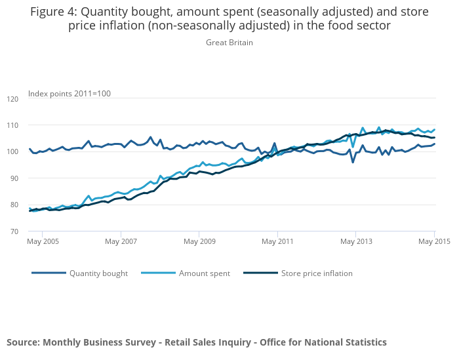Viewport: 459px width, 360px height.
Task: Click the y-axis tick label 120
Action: tap(12, 99)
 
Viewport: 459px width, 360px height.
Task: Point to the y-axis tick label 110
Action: tap(12, 125)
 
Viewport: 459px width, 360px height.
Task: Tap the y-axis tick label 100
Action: tap(12, 152)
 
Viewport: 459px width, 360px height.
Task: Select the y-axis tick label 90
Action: tap(14, 178)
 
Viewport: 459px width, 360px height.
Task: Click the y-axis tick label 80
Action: tap(14, 205)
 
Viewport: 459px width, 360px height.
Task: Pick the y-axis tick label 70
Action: tap(14, 231)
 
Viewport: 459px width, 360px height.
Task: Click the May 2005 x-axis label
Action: tap(43, 241)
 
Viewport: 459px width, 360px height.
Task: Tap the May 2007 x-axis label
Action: tap(121, 241)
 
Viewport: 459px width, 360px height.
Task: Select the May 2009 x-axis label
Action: tap(199, 241)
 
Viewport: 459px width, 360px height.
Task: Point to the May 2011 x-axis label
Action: tap(277, 241)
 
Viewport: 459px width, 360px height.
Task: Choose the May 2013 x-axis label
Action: tap(355, 241)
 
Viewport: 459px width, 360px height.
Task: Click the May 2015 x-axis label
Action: tap(434, 241)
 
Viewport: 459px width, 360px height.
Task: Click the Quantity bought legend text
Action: tap(98, 273)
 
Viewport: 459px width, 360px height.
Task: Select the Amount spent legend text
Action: tap(205, 273)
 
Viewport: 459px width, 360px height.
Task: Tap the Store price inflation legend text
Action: tap(317, 273)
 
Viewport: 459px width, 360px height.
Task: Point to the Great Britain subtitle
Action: tap(229, 43)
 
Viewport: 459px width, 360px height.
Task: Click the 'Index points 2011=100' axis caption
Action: tap(70, 94)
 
